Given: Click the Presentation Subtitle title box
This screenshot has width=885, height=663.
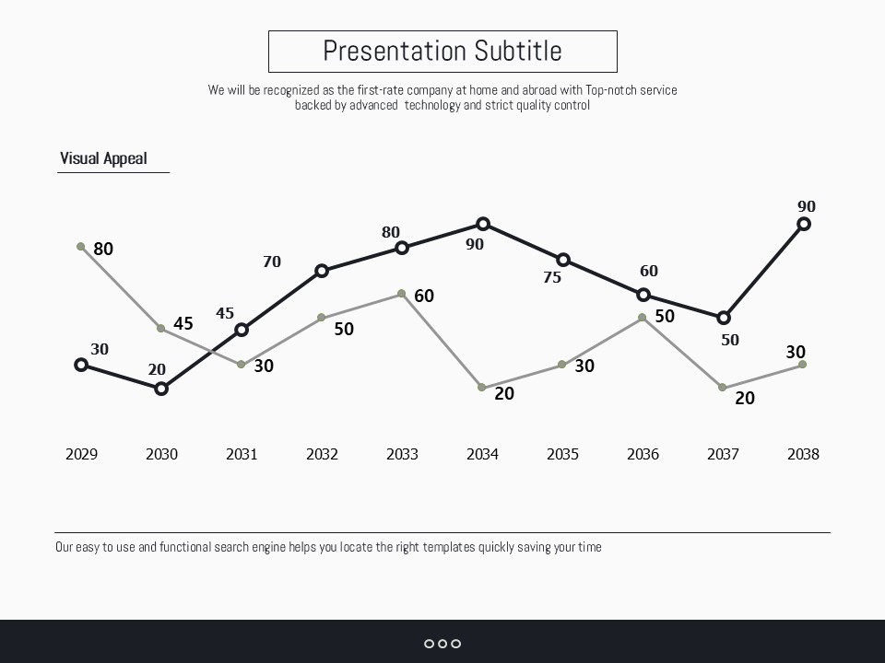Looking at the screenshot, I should tap(442, 51).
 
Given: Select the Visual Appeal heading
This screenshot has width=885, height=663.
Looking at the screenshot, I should tap(103, 158).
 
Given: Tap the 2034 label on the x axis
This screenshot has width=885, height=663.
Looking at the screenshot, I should tap(482, 454).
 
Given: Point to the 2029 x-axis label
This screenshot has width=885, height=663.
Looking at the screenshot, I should tap(81, 454).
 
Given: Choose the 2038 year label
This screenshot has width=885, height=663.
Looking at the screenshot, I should tap(803, 454).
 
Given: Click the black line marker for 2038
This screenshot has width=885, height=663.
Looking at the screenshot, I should tap(804, 224).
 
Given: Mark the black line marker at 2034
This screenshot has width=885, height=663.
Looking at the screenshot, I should tap(483, 224).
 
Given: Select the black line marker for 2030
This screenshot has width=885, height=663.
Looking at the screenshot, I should tap(161, 389).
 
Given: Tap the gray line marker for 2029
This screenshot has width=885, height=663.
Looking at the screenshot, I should tap(81, 247).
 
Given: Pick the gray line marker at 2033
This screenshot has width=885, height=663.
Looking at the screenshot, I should tap(402, 294).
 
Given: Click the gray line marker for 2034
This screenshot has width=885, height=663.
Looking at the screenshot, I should tap(482, 388).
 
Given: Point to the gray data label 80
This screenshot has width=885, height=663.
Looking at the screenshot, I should tap(103, 249).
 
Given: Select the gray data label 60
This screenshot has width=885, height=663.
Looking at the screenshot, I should tap(424, 296).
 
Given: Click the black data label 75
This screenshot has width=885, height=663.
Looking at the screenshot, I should tap(552, 277).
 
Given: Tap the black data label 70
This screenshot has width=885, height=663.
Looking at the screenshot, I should tap(272, 262).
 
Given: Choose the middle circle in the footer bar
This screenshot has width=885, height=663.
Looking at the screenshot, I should tap(442, 644).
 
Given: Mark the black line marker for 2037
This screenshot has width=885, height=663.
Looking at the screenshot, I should tap(724, 318).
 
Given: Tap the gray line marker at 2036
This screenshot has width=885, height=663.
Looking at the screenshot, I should tap(643, 318).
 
